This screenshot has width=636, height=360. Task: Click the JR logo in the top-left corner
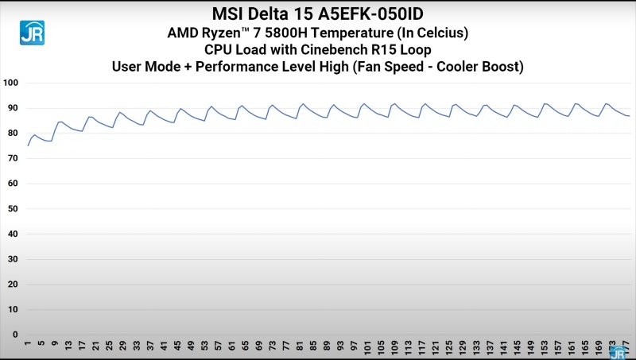click(x=33, y=31)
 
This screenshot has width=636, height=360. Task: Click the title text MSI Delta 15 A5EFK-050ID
click(x=318, y=14)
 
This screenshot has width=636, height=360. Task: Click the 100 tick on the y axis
click(x=11, y=83)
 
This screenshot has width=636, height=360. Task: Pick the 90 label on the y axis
click(x=13, y=108)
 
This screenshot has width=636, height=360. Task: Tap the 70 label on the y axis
click(x=13, y=158)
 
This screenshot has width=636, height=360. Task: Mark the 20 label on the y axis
click(x=13, y=284)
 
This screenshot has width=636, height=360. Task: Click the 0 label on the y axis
click(x=15, y=334)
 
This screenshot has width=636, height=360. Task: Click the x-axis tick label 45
click(x=178, y=347)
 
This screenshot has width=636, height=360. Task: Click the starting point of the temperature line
click(x=28, y=145)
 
